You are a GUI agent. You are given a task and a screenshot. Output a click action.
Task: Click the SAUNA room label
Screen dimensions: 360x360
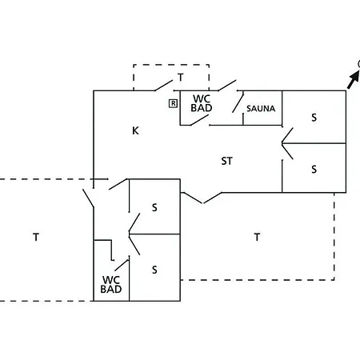point(261,109)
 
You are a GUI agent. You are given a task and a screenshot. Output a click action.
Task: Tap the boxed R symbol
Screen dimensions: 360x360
point(173,103)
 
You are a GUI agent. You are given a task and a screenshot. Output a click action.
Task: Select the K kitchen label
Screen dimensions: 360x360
point(135,130)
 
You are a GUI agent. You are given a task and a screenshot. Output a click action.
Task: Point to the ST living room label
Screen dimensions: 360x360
point(227,161)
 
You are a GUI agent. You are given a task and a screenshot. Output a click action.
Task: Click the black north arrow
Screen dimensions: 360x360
point(354,79)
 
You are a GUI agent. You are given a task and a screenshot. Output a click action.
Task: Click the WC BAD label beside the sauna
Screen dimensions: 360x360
point(202,103)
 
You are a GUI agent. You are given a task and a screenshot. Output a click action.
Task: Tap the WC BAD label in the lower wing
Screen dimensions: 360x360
point(111,285)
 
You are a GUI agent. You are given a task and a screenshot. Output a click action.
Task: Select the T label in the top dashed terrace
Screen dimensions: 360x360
point(181,78)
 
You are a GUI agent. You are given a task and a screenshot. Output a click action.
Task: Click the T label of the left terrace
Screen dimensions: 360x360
point(36,237)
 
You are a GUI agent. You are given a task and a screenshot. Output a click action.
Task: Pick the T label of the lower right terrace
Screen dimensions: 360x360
point(257,237)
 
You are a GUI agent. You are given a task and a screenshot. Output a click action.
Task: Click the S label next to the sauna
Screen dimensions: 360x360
point(314,118)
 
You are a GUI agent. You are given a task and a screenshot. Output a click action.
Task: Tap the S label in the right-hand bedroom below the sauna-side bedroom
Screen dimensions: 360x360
point(314,170)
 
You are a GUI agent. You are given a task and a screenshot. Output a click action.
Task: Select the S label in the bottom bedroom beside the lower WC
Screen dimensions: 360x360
point(154,270)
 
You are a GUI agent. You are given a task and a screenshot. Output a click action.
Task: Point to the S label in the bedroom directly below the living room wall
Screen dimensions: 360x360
point(154,207)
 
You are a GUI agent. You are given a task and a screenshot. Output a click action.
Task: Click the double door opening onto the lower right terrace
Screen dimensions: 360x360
point(202,198)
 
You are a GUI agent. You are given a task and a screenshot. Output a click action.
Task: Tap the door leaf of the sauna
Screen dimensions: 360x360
point(238,102)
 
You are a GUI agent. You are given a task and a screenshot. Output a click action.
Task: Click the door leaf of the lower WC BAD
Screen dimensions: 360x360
point(122,265)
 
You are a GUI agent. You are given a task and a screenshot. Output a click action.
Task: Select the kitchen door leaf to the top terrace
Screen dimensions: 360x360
point(163,86)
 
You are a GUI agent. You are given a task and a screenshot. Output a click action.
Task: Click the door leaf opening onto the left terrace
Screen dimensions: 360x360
point(88,198)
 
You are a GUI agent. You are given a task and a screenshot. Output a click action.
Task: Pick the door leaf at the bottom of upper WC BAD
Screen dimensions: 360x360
point(199,120)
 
